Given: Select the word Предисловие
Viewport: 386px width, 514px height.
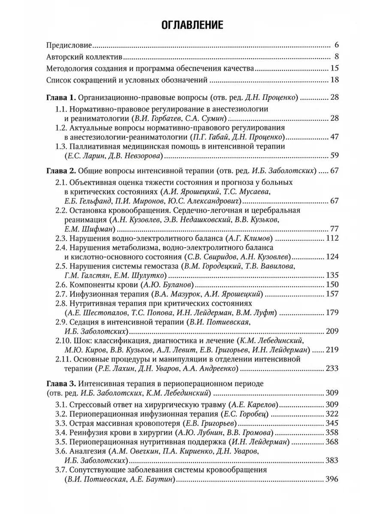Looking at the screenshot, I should (x=69, y=45).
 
